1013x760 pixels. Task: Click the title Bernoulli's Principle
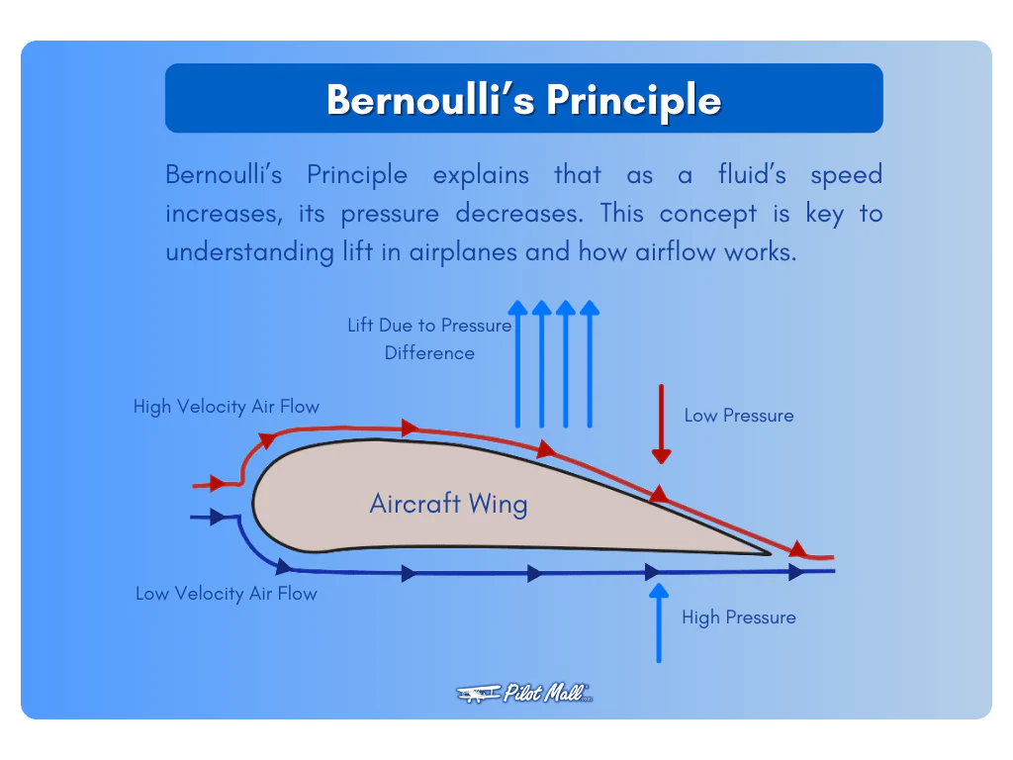coord(523,99)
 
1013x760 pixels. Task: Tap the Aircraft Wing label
coord(448,504)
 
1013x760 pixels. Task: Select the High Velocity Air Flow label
coord(227,407)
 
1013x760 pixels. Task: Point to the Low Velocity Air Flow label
coord(227,594)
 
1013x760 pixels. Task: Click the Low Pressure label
coord(739,416)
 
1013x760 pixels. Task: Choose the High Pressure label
coord(739,617)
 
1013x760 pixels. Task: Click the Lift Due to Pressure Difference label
coord(429,338)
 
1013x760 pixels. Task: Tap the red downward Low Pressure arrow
coord(661,426)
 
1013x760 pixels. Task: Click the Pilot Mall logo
coord(524,693)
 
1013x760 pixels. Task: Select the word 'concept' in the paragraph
coord(702,214)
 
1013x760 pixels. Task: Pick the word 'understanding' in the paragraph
coord(235,252)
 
